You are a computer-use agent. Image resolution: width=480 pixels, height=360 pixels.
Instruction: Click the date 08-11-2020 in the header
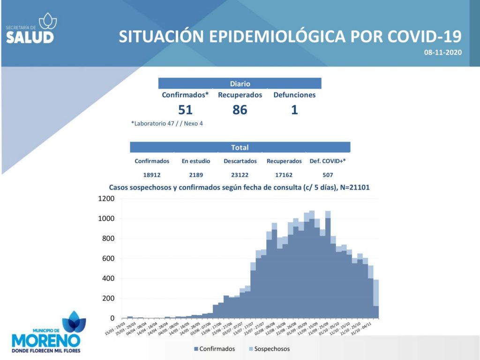point(443,52)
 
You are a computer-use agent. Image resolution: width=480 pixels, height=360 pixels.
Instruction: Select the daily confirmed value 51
point(185,110)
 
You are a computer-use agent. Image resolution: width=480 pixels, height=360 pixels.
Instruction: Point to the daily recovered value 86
point(240,110)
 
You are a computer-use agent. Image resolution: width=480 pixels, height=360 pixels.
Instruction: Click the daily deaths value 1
point(294,110)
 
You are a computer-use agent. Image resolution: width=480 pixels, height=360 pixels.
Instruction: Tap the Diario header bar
point(240,84)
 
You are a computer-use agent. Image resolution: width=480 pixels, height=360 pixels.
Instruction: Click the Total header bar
point(240,147)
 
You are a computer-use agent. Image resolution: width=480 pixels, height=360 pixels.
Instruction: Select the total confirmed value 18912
point(152,175)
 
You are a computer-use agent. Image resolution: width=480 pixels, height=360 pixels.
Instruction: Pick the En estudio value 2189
point(195,175)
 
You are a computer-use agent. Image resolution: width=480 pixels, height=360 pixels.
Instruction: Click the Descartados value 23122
point(240,175)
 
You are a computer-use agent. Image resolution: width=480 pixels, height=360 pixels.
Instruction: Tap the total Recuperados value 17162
point(284,175)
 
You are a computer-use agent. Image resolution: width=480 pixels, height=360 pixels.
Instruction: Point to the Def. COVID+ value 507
point(328,175)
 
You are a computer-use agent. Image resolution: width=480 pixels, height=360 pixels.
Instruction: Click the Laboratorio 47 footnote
point(167,124)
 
